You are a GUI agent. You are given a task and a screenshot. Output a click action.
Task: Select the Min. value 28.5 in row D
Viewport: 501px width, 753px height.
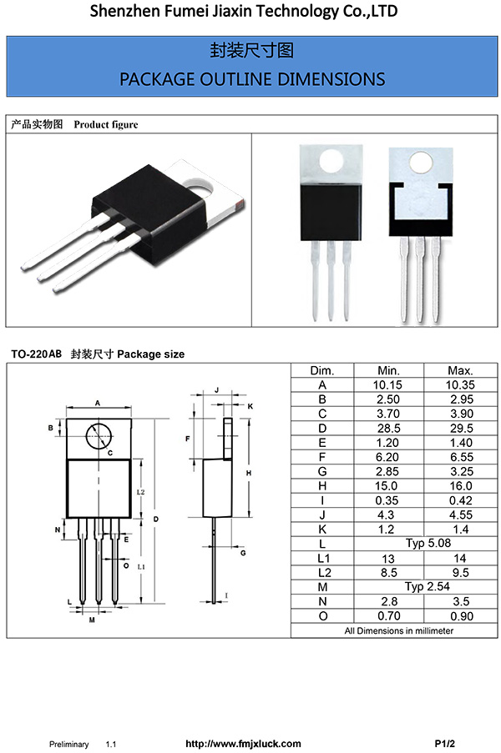click(389, 428)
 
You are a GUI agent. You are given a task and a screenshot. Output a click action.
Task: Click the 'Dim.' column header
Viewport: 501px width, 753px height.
click(321, 370)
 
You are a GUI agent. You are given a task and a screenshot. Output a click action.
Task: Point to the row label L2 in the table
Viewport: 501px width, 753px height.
click(321, 573)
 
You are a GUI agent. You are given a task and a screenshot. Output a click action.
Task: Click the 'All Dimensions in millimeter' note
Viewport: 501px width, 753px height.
click(399, 630)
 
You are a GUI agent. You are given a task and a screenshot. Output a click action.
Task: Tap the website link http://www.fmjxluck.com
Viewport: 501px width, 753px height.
click(242, 743)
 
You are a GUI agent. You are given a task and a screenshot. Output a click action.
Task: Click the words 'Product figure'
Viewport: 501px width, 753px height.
click(106, 124)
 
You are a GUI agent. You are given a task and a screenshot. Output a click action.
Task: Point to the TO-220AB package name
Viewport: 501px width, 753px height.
click(36, 354)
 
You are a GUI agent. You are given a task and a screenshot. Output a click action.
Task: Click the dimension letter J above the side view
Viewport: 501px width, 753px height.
click(216, 389)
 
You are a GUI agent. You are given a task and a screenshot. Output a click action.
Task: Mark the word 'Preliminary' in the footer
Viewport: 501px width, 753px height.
click(68, 743)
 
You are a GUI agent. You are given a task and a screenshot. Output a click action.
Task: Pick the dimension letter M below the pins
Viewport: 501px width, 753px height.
click(91, 620)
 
